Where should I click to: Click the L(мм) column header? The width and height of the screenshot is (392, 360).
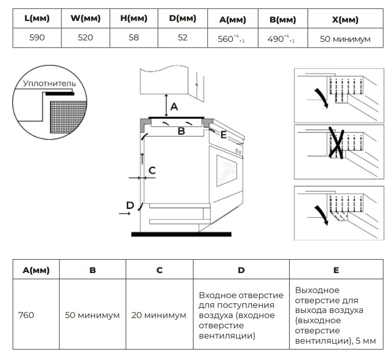coord(36,19)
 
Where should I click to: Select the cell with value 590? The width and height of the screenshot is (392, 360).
coord(36,38)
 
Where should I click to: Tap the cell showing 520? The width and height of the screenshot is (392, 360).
coord(85,38)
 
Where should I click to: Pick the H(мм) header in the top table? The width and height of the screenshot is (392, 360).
coord(134,19)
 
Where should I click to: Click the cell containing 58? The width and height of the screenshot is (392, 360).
coord(134,38)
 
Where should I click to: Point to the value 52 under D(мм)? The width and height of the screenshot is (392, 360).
coord(183,38)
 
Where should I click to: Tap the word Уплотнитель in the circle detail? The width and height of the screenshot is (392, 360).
coord(49,83)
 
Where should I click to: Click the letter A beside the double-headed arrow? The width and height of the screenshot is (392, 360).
coord(174,107)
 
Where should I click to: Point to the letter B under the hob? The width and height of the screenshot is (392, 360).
coord(181,131)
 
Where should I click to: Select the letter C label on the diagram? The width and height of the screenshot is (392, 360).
coord(152,170)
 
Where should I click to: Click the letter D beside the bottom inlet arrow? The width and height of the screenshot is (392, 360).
coord(130,205)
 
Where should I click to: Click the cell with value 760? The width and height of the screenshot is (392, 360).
coord(26,315)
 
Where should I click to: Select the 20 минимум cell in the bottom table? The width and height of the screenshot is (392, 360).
coord(159,315)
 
